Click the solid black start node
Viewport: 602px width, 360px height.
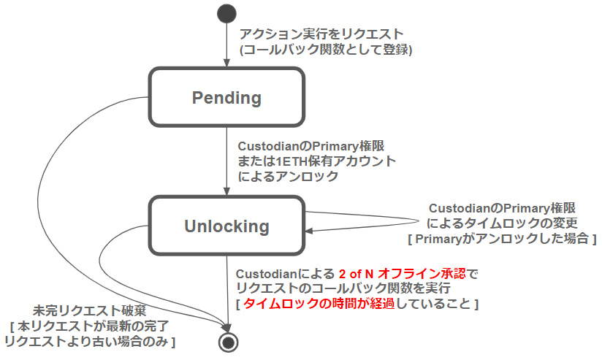point(226,14)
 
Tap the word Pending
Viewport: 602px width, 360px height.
point(226,97)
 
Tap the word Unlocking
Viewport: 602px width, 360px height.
point(226,226)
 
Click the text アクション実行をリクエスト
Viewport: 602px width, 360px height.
point(321,34)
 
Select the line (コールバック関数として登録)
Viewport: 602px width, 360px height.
point(326,50)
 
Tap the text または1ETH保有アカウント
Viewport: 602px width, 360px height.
point(316,161)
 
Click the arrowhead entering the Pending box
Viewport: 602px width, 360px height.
point(226,64)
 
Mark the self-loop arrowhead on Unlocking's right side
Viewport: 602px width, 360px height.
point(309,231)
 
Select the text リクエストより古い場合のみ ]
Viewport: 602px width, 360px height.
point(91,341)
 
